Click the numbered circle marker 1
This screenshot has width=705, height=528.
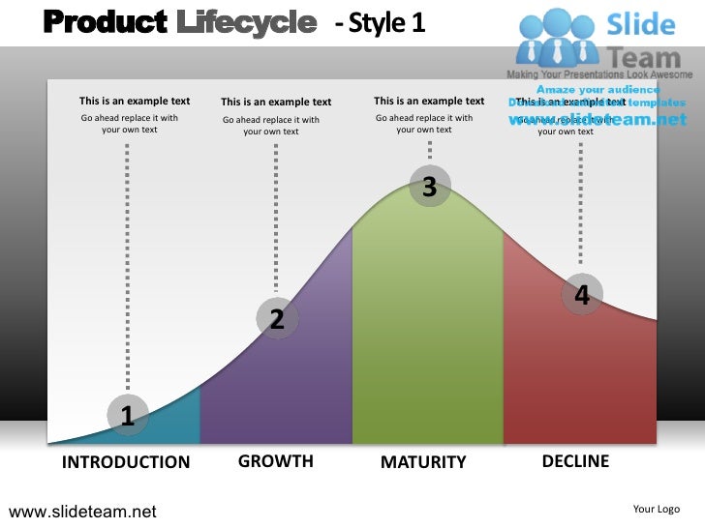click(127, 415)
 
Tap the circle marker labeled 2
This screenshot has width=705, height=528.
click(277, 318)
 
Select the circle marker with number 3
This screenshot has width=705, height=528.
click(430, 188)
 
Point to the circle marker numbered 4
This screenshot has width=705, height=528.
click(581, 295)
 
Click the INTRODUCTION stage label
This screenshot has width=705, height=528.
click(126, 462)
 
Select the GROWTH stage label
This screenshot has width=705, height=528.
click(276, 461)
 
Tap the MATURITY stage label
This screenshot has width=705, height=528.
click(423, 462)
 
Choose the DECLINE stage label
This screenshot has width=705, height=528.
click(575, 461)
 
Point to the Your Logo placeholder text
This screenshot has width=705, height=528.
click(657, 509)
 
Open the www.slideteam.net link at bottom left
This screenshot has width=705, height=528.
click(82, 512)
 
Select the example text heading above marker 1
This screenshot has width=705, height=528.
click(135, 101)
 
